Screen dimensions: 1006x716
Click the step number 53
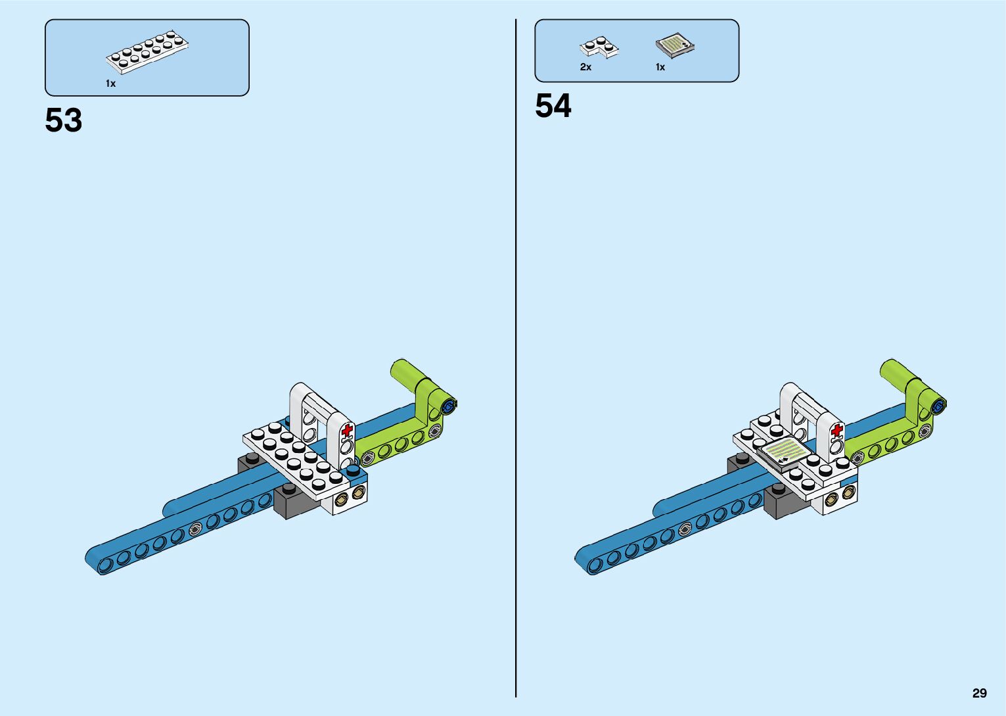(64, 120)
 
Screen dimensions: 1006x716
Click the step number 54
(553, 106)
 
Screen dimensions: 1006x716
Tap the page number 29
(979, 693)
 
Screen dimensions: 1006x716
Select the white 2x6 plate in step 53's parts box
(148, 50)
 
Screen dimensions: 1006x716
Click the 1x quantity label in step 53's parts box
(110, 84)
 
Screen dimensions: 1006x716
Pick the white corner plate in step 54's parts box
(599, 47)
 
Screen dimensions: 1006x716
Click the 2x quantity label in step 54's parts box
(585, 67)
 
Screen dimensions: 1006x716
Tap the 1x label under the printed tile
(660, 67)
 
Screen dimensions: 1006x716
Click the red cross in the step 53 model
(347, 431)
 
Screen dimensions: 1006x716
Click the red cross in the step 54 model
(836, 431)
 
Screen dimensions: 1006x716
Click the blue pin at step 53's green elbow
(449, 406)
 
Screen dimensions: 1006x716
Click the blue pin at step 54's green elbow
(939, 406)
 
